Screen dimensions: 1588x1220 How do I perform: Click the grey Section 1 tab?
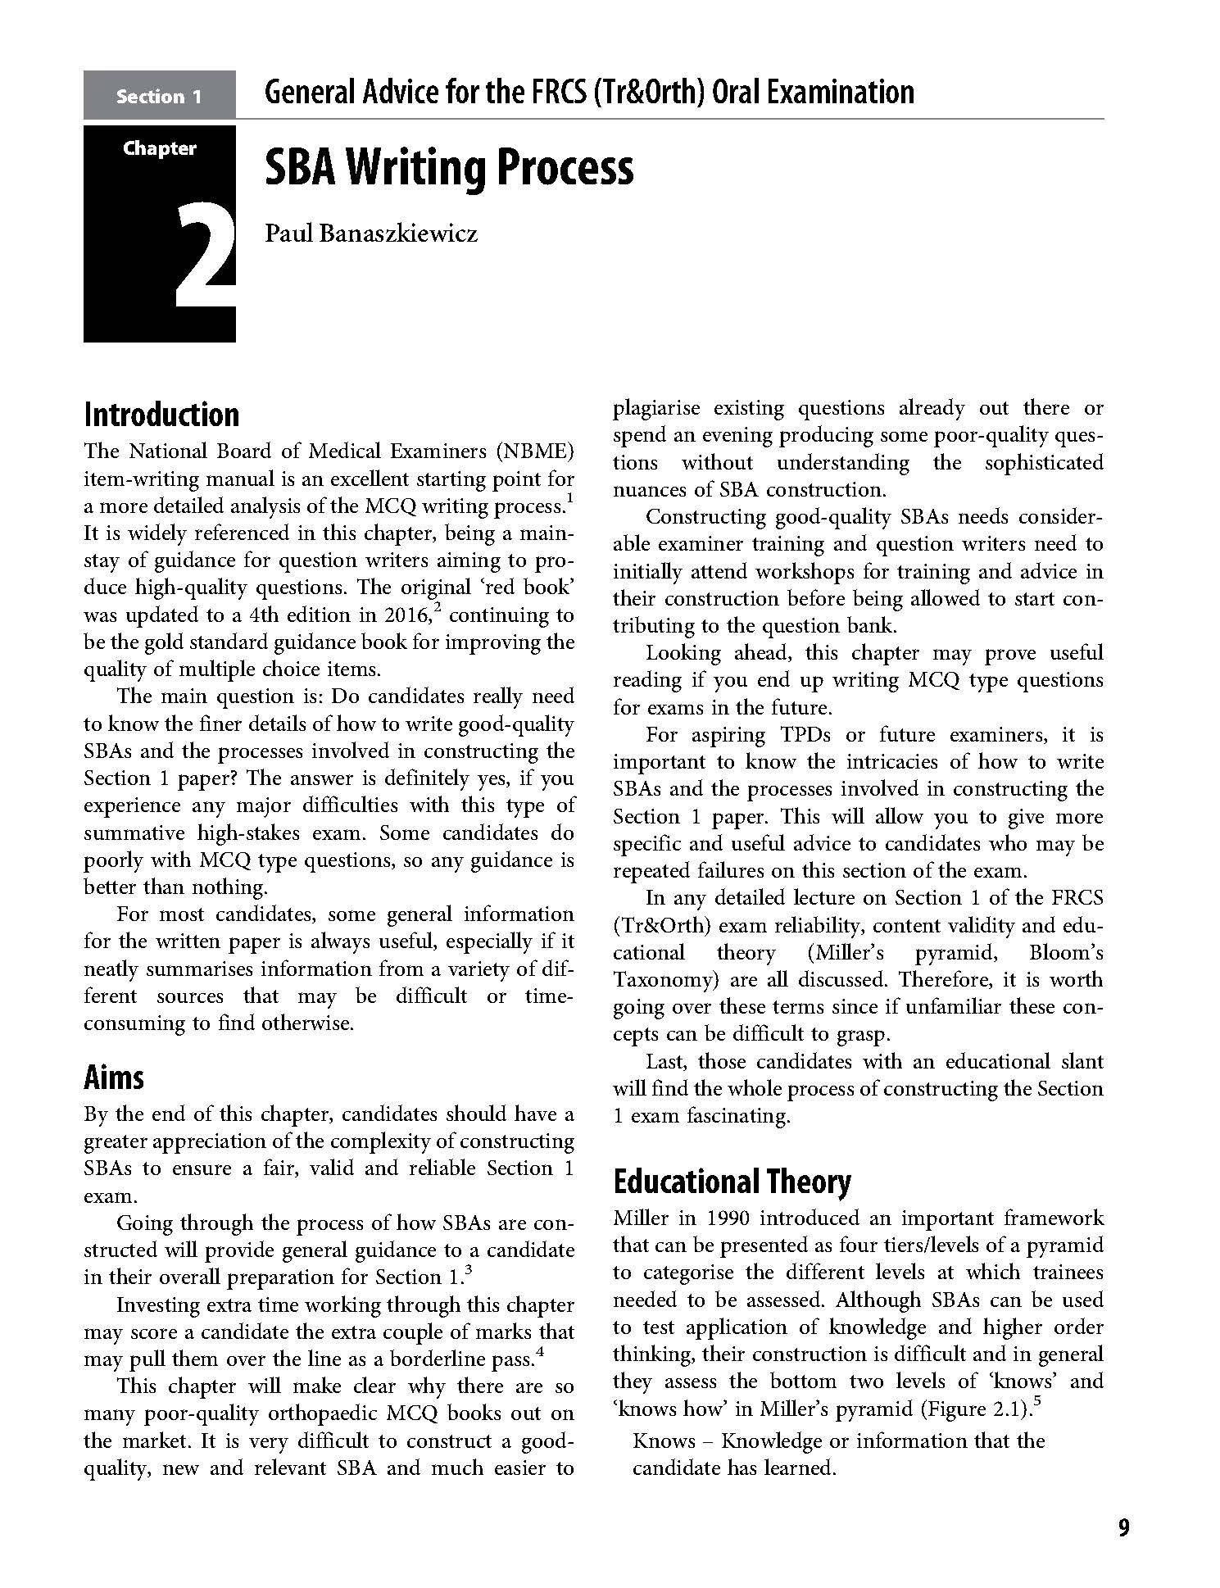pyautogui.click(x=159, y=96)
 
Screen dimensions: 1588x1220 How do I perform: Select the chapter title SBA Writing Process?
pyautogui.click(x=449, y=168)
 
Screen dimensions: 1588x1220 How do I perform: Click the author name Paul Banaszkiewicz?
pyautogui.click(x=370, y=234)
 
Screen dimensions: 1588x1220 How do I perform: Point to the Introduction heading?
pyautogui.click(x=161, y=415)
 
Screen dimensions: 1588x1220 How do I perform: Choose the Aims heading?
pyautogui.click(x=113, y=1077)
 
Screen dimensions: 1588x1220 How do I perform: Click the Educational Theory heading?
pyautogui.click(x=732, y=1181)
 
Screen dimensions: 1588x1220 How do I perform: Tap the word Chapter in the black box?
pyautogui.click(x=160, y=148)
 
